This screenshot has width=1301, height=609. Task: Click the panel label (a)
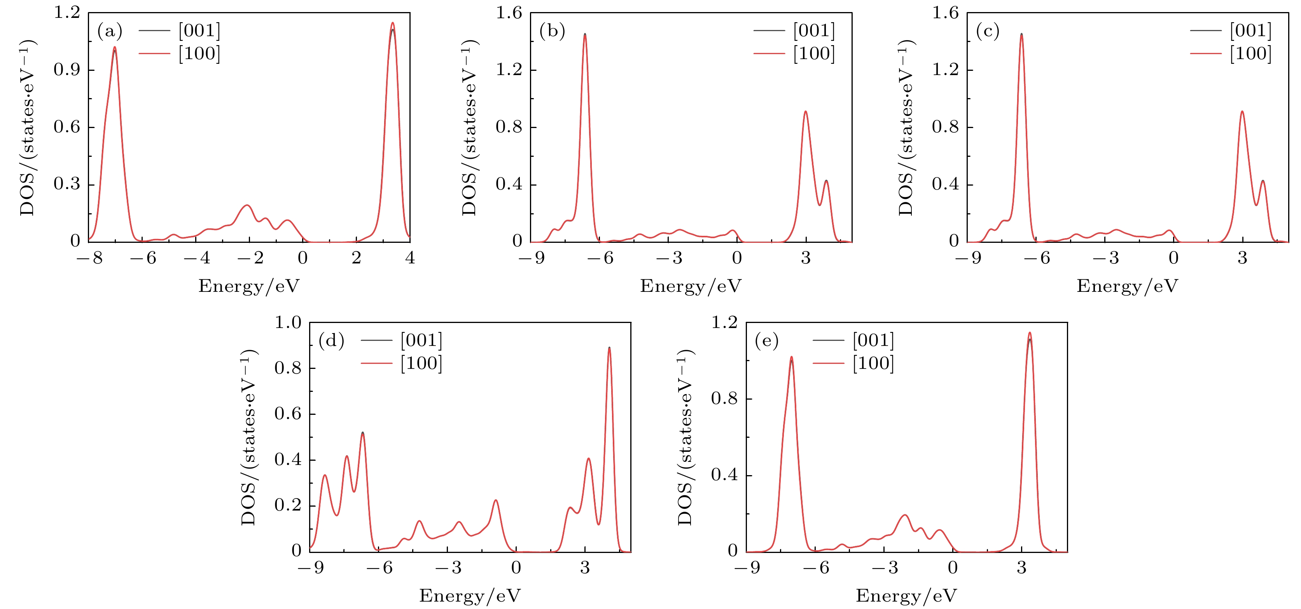110,32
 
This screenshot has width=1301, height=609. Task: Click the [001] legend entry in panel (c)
1250,31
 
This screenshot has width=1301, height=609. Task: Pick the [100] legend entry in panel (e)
873,363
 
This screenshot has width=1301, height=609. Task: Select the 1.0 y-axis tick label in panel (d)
287,323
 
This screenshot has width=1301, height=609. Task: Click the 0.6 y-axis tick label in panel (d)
287,414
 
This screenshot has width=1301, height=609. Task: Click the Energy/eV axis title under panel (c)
1127,286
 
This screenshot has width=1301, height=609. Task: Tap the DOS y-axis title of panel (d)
248,437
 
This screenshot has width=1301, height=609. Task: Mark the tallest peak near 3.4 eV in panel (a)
392,23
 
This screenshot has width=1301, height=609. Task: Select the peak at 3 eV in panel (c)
1242,112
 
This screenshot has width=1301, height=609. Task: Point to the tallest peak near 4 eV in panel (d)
609,348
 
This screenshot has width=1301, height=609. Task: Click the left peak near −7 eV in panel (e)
791,357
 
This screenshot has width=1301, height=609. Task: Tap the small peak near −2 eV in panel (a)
247,205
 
